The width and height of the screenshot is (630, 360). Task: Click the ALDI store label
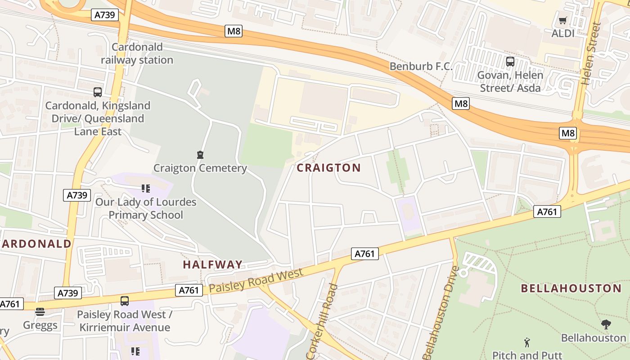pyautogui.click(x=563, y=33)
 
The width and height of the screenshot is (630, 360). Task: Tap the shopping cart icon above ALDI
pyautogui.click(x=562, y=20)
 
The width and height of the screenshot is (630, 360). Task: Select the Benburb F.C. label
pyautogui.click(x=421, y=66)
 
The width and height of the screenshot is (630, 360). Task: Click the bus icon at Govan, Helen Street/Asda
pyautogui.click(x=510, y=62)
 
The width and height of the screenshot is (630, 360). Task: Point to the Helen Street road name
pyautogui.click(x=591, y=54)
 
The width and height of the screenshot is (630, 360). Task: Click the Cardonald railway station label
pyautogui.click(x=137, y=54)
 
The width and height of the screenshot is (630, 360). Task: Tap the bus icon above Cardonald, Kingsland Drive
pyautogui.click(x=98, y=92)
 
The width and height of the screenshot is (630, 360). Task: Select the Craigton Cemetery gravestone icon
pyautogui.click(x=200, y=155)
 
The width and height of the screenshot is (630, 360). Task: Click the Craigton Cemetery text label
pyautogui.click(x=200, y=168)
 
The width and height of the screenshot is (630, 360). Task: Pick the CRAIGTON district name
pyautogui.click(x=329, y=168)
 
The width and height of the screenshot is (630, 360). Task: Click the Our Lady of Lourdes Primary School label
pyautogui.click(x=146, y=208)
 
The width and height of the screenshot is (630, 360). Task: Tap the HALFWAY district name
pyautogui.click(x=213, y=265)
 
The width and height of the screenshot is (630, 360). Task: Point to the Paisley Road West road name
pyautogui.click(x=256, y=279)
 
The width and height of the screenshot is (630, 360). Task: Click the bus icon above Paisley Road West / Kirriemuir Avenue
pyautogui.click(x=125, y=301)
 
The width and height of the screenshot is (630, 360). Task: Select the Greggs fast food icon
pyautogui.click(x=40, y=312)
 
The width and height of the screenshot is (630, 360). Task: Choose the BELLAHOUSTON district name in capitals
pyautogui.click(x=571, y=288)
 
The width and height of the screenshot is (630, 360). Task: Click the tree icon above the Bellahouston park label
pyautogui.click(x=606, y=324)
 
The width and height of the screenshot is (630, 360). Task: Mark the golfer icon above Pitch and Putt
pyautogui.click(x=527, y=342)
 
